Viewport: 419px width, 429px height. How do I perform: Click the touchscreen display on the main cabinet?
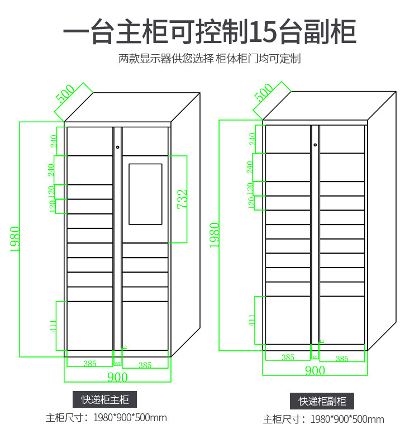click(145, 194)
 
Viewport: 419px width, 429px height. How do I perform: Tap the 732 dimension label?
click(182, 199)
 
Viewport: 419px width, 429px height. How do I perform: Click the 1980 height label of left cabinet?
click(15, 239)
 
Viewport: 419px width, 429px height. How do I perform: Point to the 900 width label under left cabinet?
click(117, 377)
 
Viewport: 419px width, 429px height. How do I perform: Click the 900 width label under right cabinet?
click(315, 370)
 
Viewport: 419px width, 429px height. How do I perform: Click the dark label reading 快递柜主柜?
click(105, 399)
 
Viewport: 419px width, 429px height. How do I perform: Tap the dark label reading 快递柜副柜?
click(322, 401)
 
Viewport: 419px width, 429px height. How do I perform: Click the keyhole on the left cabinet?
click(118, 147)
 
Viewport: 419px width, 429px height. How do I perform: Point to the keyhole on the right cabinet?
click(315, 145)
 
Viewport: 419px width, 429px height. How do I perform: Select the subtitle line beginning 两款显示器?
click(209, 59)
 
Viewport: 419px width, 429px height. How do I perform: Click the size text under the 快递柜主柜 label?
click(106, 417)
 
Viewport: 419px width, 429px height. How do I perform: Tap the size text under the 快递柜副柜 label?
click(323, 419)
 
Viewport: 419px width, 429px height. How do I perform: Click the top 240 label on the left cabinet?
click(54, 141)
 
